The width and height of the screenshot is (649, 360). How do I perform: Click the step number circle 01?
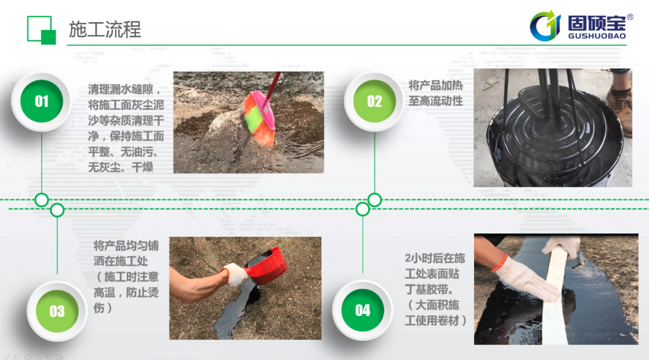[41, 102]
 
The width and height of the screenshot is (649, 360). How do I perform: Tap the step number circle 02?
[374, 102]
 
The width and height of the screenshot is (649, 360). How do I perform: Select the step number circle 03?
[57, 311]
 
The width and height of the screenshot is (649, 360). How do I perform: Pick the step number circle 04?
[362, 310]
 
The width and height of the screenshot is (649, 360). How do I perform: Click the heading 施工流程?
[105, 29]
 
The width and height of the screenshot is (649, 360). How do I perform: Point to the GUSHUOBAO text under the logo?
[597, 36]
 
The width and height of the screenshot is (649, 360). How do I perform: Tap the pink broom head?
[258, 118]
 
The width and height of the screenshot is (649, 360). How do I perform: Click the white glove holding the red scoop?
[234, 274]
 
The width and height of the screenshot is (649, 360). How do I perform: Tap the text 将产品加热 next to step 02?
[436, 85]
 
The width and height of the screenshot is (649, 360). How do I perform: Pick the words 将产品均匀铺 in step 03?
[126, 246]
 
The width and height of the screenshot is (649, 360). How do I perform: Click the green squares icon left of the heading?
[41, 30]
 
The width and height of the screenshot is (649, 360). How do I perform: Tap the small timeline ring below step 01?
[41, 200]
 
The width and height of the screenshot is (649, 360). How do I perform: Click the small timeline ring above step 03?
[57, 210]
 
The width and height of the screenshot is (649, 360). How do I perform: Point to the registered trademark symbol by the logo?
[630, 17]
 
